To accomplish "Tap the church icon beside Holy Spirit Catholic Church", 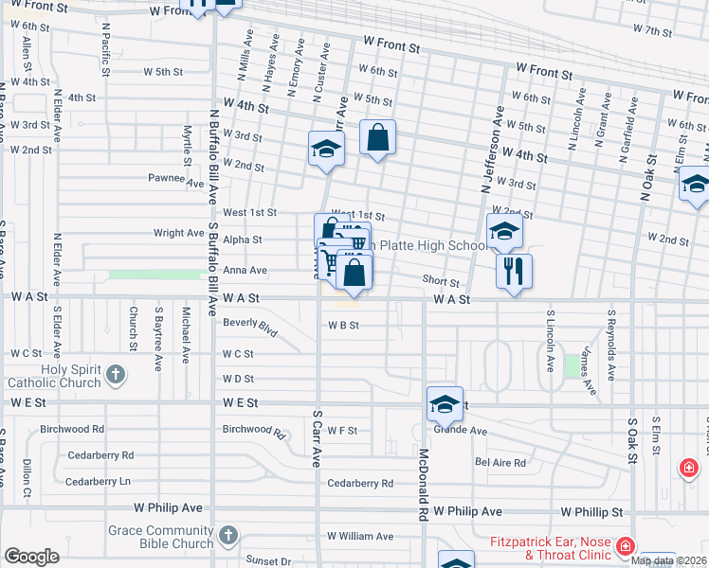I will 116,376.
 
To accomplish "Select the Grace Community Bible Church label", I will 160,538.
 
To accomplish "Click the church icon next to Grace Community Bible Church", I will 227,537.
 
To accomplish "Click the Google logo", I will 31,557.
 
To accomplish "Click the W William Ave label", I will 360,536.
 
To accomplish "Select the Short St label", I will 441,282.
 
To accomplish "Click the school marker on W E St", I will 444,404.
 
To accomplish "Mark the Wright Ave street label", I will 179,232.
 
